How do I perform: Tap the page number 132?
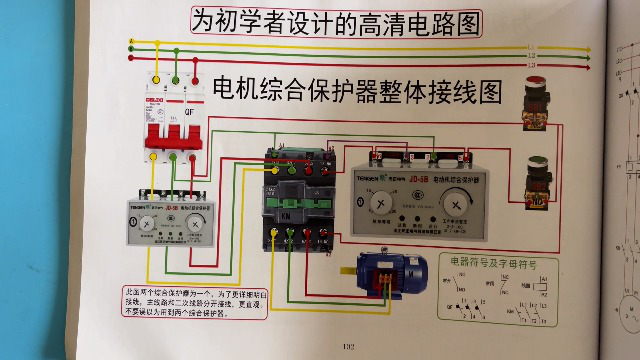click(x=348, y=347)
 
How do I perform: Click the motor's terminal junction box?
click(x=384, y=257)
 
